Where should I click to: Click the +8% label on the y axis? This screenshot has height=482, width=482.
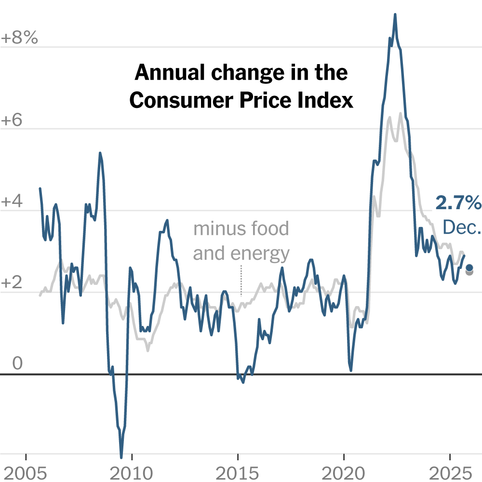[19, 38]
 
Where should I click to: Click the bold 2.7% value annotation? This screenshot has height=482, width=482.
[458, 203]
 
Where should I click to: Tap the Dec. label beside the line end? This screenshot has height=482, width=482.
[462, 227]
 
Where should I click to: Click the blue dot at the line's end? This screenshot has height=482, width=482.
[469, 268]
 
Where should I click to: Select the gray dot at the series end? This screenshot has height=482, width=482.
[469, 272]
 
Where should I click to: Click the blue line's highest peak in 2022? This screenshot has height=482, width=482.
[395, 15]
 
